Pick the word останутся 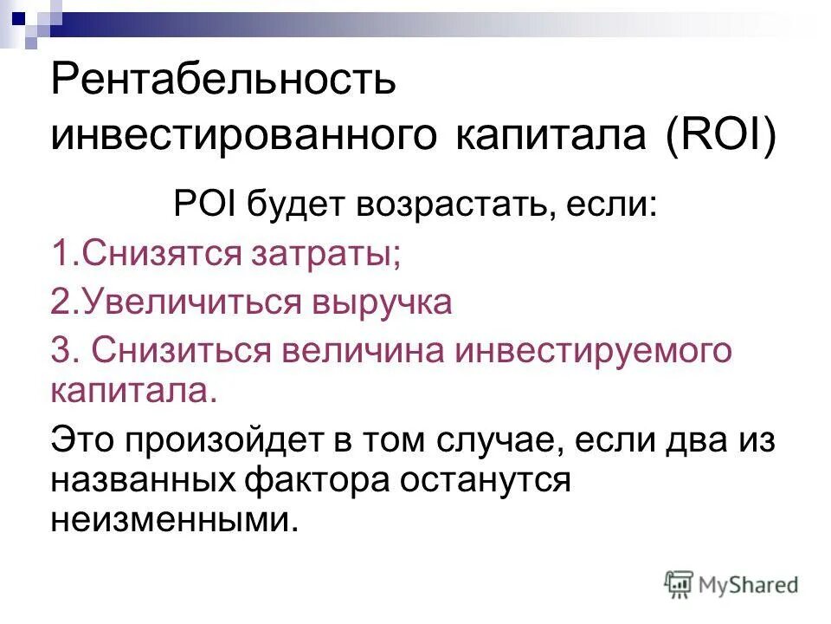[x=490, y=479]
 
